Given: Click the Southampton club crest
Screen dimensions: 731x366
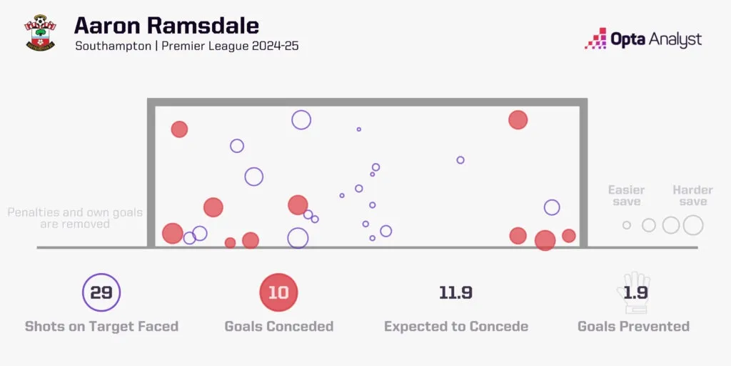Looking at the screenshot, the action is [x=40, y=32].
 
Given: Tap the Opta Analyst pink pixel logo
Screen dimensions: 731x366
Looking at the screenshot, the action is [x=595, y=39].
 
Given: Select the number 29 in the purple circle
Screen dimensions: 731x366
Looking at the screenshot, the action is [x=101, y=292].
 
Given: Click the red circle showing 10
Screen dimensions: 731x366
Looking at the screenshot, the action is [x=278, y=292].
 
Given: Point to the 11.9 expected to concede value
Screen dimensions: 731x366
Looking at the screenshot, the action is [x=455, y=292].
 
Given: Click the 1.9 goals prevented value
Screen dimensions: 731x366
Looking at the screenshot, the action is [x=634, y=292].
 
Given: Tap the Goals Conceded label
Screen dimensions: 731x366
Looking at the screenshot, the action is [x=279, y=326].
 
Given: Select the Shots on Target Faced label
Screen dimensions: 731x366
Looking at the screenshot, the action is [x=101, y=326].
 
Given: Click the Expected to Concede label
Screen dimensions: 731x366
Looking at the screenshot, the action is [x=456, y=326].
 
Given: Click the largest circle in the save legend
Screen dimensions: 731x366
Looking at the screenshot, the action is [x=693, y=225].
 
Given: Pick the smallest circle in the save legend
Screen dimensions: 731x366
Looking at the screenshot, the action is [x=627, y=225].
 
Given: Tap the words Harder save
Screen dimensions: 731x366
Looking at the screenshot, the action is [x=692, y=196].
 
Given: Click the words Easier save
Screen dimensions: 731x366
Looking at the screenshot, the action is [x=627, y=196].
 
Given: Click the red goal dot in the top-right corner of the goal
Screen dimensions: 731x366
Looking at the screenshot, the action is [x=518, y=120].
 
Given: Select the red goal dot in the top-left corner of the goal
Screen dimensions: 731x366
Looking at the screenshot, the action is [x=179, y=129].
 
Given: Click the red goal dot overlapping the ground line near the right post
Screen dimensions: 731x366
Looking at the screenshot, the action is [x=545, y=240].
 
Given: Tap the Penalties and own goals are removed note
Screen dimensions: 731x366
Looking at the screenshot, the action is [x=75, y=219].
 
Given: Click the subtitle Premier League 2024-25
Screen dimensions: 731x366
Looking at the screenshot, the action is [x=230, y=46].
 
